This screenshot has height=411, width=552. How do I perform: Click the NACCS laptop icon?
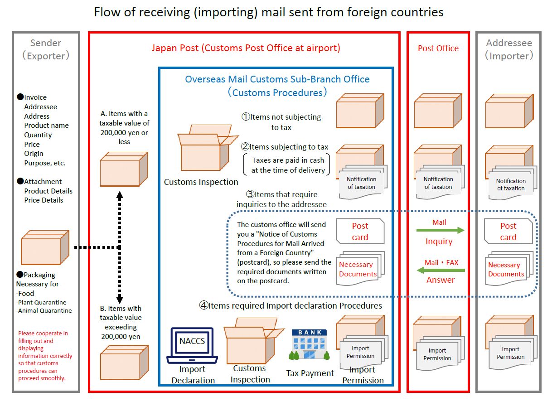(192, 345)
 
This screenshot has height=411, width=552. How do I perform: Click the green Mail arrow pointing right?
(440, 231)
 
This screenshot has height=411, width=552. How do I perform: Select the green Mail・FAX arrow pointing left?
(440, 271)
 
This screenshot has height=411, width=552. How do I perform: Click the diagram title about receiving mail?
(268, 12)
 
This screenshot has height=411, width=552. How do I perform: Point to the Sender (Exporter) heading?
(46, 49)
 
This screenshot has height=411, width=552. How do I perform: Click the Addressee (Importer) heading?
(509, 49)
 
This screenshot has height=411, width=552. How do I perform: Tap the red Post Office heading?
(438, 48)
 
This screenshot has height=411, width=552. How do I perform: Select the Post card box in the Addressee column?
(508, 232)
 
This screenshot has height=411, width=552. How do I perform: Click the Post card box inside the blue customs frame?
(360, 232)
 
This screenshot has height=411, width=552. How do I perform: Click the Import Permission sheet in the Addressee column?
(511, 353)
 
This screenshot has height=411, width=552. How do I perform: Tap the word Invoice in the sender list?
(35, 97)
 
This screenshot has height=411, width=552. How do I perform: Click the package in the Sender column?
(44, 247)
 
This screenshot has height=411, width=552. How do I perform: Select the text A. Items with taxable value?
(124, 127)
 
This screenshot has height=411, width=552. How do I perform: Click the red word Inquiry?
(439, 242)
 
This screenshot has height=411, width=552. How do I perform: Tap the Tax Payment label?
(310, 373)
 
